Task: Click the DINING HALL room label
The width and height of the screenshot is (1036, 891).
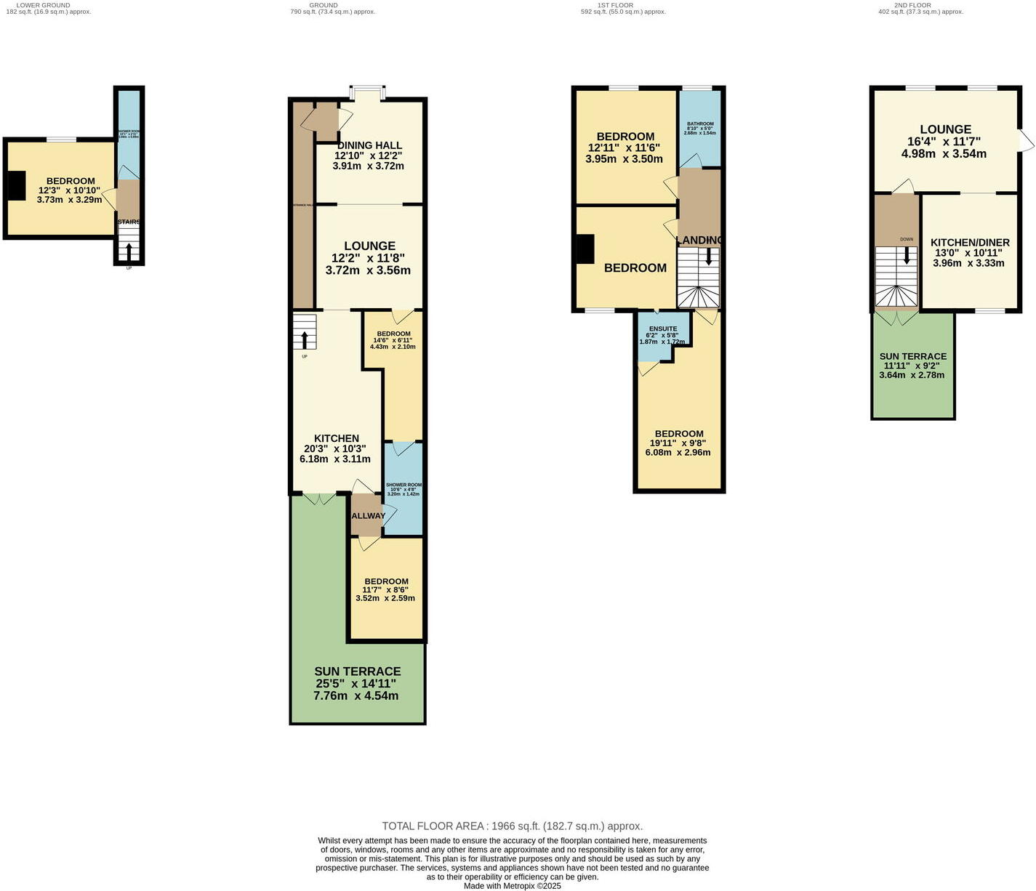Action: (x=369, y=145)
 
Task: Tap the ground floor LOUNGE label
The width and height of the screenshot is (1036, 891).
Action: (x=369, y=246)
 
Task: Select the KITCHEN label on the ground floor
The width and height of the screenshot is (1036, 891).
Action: (x=336, y=438)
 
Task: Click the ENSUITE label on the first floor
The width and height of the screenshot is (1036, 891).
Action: (x=662, y=328)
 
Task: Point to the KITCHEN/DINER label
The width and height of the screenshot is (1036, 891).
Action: (x=970, y=243)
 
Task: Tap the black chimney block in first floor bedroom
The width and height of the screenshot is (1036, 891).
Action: (x=585, y=249)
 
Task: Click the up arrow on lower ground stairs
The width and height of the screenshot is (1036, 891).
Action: (x=129, y=251)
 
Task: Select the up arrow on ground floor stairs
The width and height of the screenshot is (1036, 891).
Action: (x=304, y=339)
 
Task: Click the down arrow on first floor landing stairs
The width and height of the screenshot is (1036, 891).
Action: (x=709, y=257)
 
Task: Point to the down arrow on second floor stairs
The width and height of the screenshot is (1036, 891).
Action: (x=906, y=256)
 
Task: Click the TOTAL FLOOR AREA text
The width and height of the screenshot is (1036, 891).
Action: (x=513, y=826)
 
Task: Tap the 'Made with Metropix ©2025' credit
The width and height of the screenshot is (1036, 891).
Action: (x=513, y=886)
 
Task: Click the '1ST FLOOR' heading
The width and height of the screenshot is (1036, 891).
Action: (x=615, y=5)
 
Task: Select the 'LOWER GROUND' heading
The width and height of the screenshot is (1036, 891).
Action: (x=43, y=5)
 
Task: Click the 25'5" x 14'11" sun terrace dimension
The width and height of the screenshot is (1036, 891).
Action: (x=356, y=684)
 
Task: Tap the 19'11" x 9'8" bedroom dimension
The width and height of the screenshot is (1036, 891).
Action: (x=678, y=443)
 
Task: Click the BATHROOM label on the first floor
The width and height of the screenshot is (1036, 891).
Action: (x=700, y=124)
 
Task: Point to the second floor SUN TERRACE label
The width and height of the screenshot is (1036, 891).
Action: (x=913, y=356)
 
